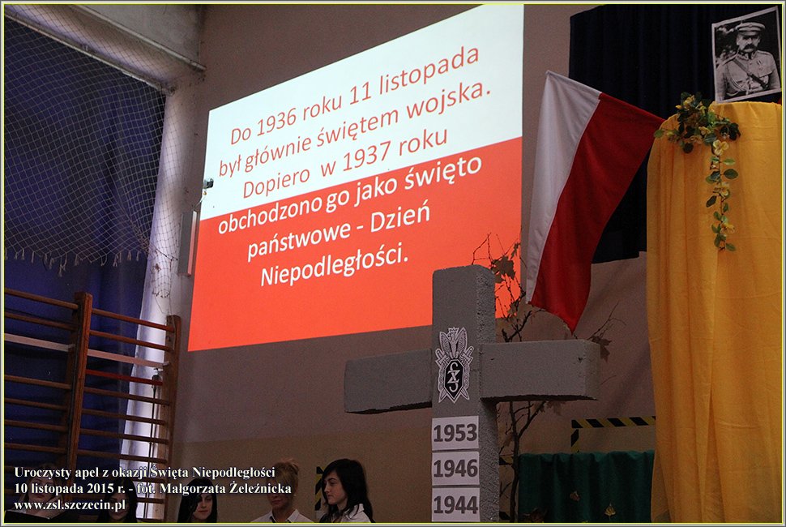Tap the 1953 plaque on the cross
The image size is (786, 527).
(455, 433)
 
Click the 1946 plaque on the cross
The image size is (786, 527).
(455, 469)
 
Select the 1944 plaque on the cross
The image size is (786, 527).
(455, 504)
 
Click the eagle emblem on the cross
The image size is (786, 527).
(454, 364)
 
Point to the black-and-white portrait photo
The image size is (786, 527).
(746, 54)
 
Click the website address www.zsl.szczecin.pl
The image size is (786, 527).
(70, 505)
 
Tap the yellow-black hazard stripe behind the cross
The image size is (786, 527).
(612, 422)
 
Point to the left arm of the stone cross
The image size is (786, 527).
(388, 380)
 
